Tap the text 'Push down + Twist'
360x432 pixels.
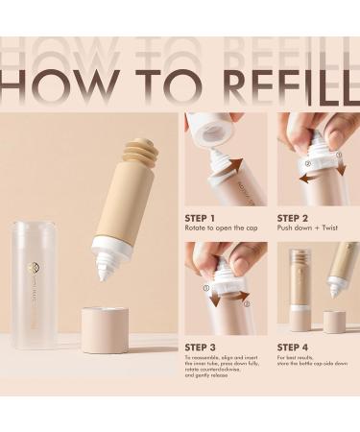coord(307,229)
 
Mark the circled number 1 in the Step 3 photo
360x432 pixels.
coord(206,285)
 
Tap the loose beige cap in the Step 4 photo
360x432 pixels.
coord(333,321)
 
